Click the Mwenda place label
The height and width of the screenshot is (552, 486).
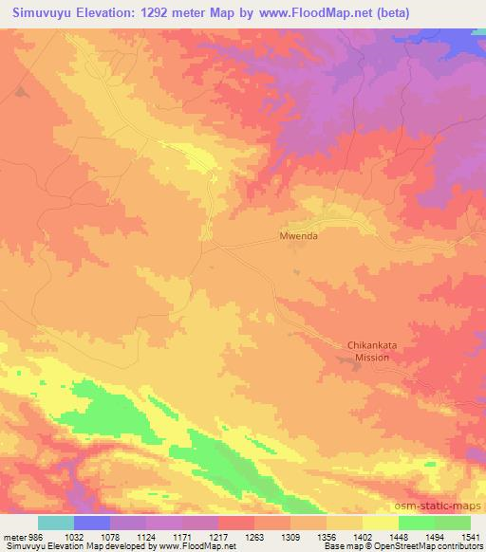(x=298, y=236)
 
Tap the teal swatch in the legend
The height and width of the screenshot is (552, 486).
(x=56, y=523)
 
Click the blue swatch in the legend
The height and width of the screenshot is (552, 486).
(x=92, y=523)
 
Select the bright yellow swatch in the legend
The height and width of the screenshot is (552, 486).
(x=381, y=523)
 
